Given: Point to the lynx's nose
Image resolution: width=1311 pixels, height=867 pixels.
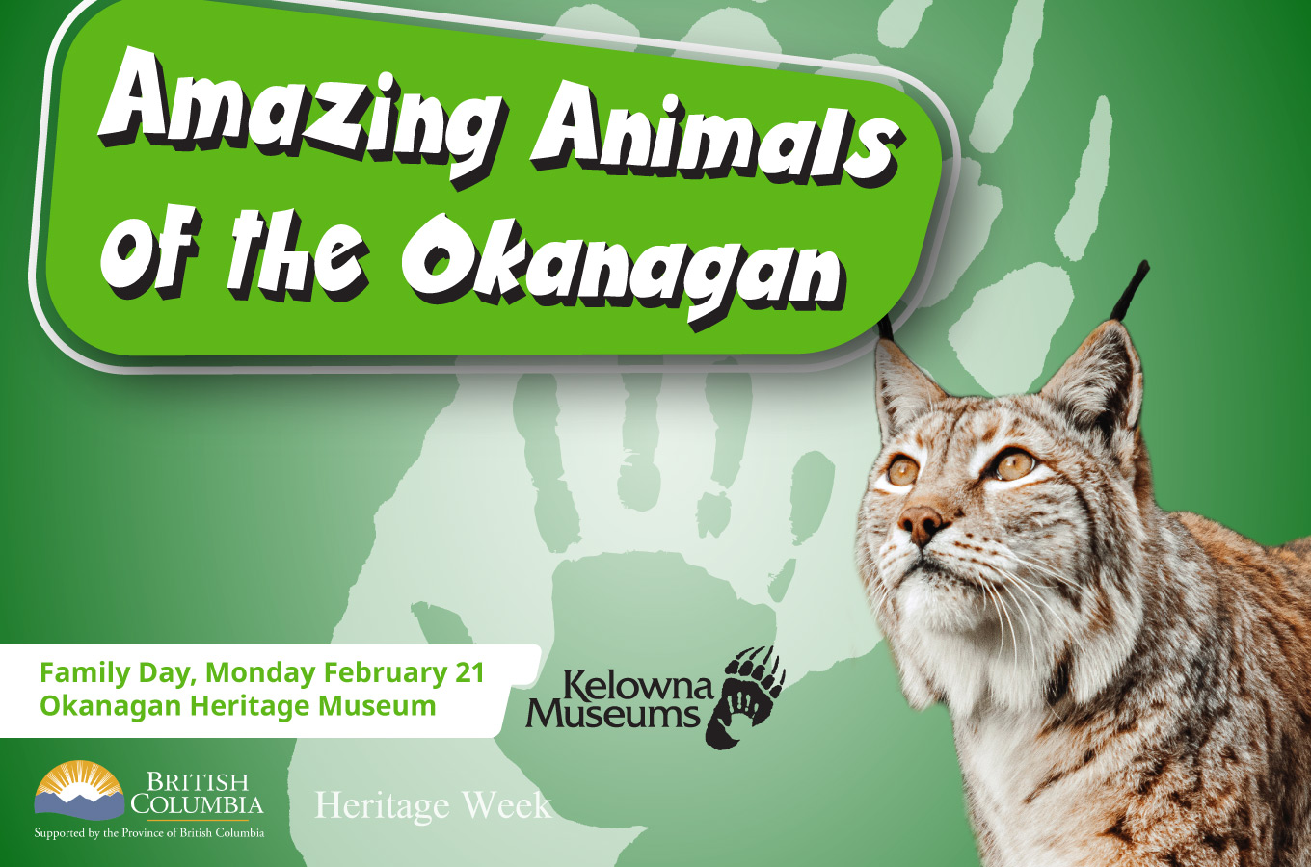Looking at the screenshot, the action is (923, 522).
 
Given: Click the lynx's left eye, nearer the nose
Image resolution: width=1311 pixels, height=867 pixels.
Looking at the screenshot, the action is (902, 470).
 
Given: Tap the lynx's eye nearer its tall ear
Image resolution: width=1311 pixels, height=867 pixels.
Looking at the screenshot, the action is (1014, 464).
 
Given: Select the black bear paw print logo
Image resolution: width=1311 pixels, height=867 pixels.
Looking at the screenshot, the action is (744, 696).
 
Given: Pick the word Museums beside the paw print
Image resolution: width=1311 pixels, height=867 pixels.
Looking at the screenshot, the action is (612, 714).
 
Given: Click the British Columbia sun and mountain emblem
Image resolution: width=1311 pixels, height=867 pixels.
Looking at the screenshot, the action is (80, 789).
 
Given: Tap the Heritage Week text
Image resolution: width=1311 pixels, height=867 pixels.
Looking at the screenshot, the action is (433, 805).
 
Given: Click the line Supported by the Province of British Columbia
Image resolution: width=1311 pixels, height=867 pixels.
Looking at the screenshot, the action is (149, 832).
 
